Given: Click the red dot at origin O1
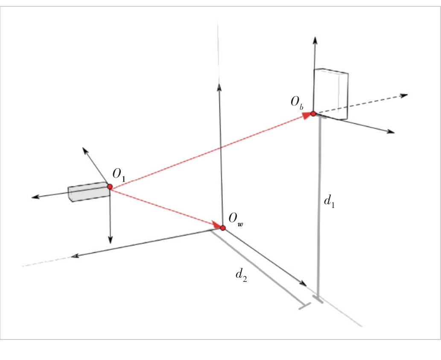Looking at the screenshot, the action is point(110,187).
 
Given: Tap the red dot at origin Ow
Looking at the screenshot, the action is point(223,228).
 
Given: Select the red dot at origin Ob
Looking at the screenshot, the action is point(313,114).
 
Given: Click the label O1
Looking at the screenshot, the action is point(119,175).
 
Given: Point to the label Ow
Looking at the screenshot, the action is point(236,219).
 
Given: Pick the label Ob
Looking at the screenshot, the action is point(297,102).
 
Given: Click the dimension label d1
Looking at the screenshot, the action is point(329,201).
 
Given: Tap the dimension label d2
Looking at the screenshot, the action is point(241,275).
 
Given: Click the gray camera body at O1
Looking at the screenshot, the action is point(89,192).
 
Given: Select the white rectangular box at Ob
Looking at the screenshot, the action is point(331,94).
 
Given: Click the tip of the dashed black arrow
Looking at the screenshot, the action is point(408,95).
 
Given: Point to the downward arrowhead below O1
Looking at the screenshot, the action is point(110,240).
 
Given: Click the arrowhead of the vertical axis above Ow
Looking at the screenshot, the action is point(219,87).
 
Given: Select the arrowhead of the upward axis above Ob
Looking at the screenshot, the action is point(315,40).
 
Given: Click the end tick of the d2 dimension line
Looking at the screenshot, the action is point(304,306).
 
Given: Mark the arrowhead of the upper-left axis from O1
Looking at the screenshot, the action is point(85,150).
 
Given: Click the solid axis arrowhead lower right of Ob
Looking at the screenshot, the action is point(391,132).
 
